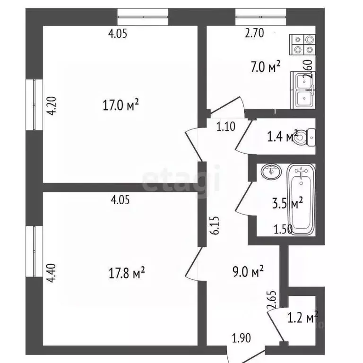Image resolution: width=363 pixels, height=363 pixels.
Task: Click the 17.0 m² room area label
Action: pyautogui.click(x=121, y=105)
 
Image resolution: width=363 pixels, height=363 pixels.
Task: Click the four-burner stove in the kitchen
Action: pyautogui.click(x=302, y=44)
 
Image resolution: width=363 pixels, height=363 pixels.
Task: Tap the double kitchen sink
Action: pyautogui.click(x=302, y=90)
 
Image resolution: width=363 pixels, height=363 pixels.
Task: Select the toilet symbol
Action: pyautogui.click(x=307, y=137)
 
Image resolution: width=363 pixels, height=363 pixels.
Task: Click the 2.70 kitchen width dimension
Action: pyautogui.click(x=254, y=33)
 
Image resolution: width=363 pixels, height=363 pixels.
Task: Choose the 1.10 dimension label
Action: pyautogui.click(x=226, y=126)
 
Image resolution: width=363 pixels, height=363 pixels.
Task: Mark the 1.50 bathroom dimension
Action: pyautogui.click(x=284, y=230)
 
